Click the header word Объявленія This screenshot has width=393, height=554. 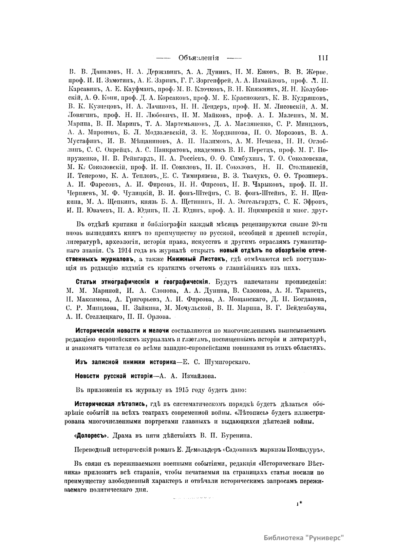point(198,58)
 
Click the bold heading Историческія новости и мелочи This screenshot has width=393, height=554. point(122,330)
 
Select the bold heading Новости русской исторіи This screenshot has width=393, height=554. point(114,376)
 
